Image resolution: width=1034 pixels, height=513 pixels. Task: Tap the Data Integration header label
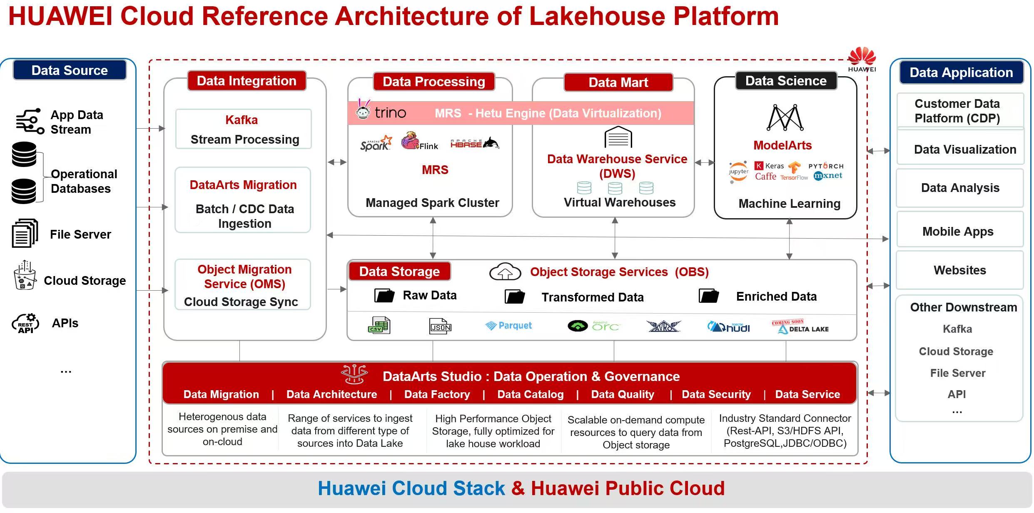tap(247, 81)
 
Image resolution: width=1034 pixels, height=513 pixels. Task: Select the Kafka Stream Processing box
tap(244, 129)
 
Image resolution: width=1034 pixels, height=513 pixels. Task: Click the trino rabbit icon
tap(363, 110)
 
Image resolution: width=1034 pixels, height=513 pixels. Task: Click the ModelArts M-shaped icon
tap(785, 118)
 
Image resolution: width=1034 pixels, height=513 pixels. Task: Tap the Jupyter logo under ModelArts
tap(738, 172)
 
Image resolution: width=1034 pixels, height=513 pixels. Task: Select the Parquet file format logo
tap(508, 326)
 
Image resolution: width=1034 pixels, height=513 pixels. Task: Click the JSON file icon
tap(440, 326)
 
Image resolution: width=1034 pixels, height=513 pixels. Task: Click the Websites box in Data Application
tap(959, 270)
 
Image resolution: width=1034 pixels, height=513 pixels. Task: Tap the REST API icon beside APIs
tap(25, 324)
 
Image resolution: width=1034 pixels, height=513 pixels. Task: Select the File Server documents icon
tap(25, 234)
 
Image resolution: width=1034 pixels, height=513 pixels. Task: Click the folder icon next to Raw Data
tap(384, 296)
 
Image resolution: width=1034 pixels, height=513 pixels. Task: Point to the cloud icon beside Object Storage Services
tap(505, 272)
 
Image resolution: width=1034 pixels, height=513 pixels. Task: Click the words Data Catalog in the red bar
tap(530, 394)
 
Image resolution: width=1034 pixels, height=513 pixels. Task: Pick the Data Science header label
tap(785, 81)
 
